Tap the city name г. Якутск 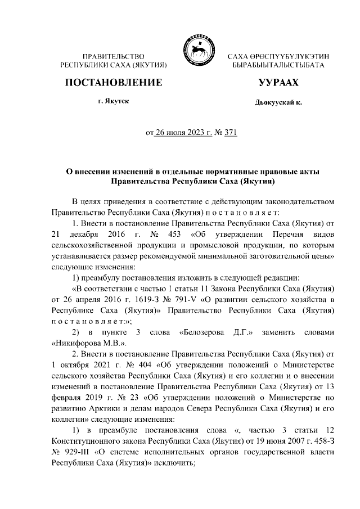tap(114, 102)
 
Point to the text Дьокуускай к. tap(278, 103)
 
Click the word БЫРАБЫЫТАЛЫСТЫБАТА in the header tap(278, 66)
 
